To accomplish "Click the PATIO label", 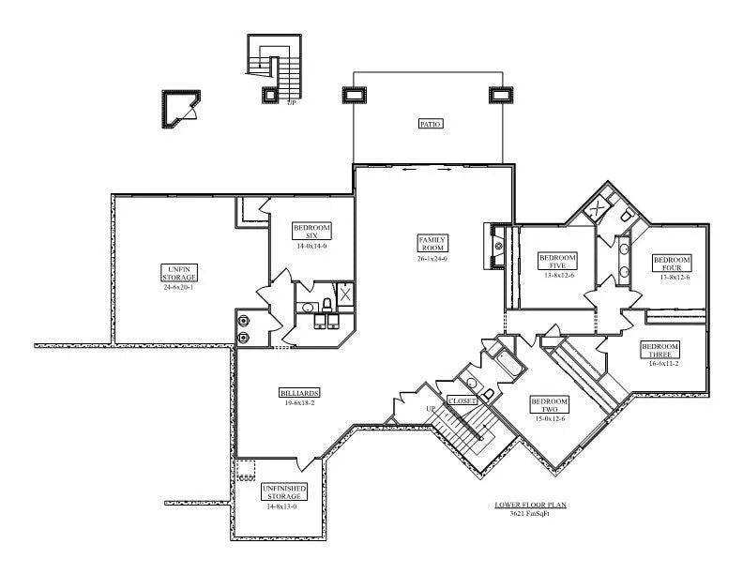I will [431, 124].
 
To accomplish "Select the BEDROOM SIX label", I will [311, 231].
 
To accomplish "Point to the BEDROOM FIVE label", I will [556, 261].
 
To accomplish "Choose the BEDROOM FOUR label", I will [672, 263].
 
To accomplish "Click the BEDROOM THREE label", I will [660, 350].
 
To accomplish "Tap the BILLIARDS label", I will [297, 392].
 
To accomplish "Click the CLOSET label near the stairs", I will [462, 400].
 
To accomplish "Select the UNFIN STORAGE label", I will [178, 273].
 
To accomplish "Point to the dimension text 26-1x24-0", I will [432, 259].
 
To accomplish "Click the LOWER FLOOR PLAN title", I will [530, 505].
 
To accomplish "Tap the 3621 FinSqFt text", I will [530, 514].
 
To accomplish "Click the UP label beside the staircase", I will [431, 410].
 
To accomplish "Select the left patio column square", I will [355, 95].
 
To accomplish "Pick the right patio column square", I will [498, 95].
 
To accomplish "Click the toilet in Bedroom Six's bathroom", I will [326, 304].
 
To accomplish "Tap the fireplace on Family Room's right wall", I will [496, 246].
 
